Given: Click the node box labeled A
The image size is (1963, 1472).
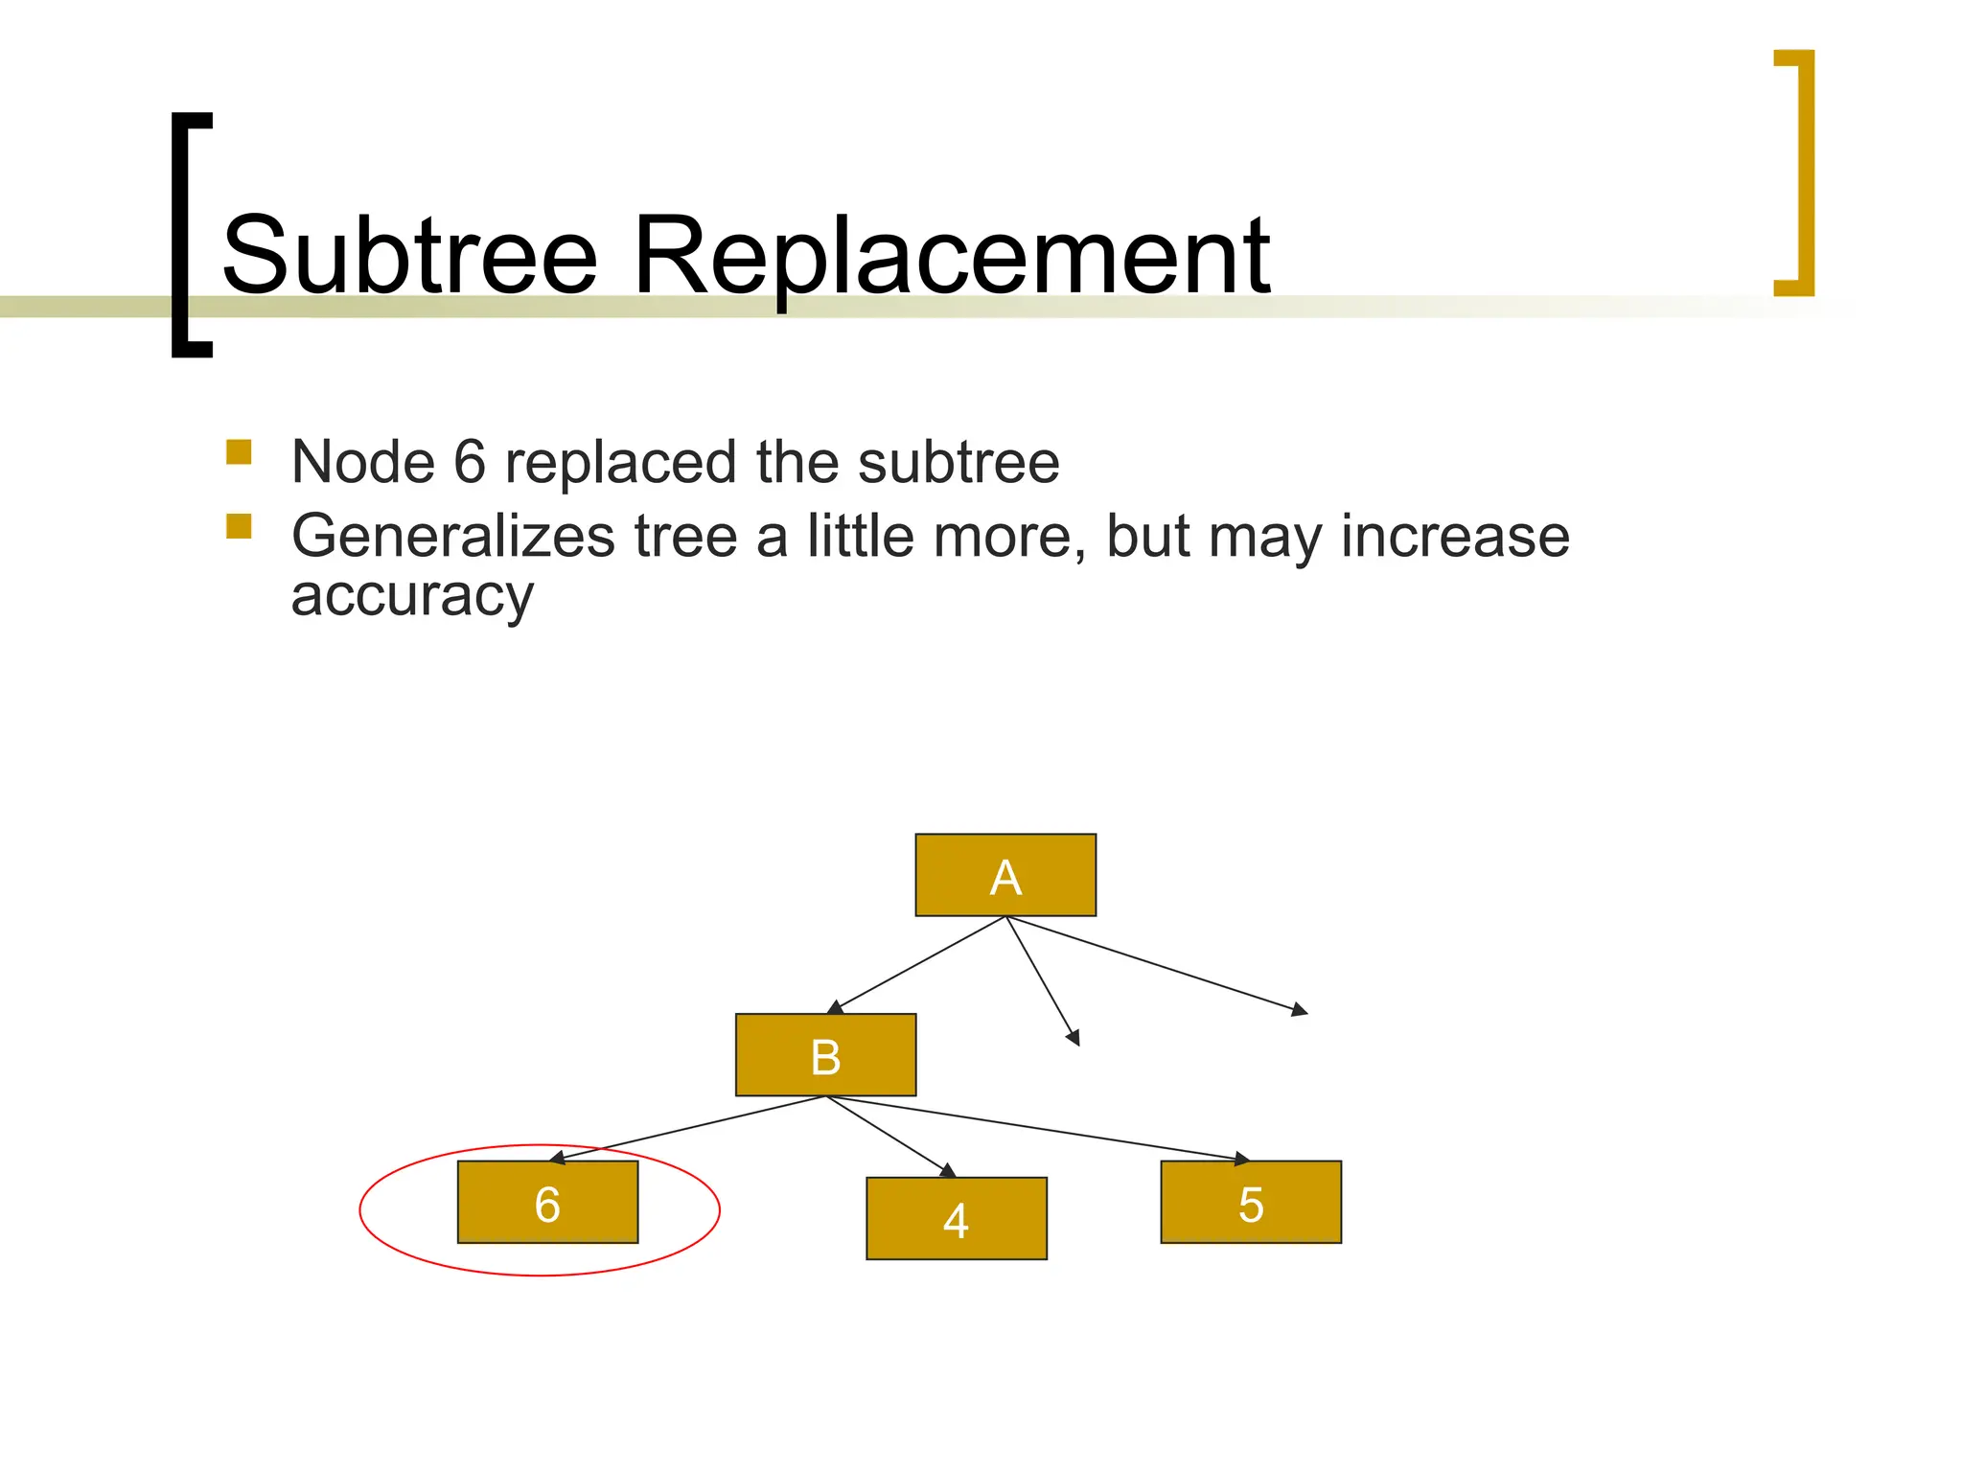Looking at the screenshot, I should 1005,875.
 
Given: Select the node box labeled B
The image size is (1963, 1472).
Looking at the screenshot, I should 825,1055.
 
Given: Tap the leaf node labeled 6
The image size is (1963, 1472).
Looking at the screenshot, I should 547,1203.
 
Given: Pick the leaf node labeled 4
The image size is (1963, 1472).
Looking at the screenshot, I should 956,1218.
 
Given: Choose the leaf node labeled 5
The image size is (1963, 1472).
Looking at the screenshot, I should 1250,1203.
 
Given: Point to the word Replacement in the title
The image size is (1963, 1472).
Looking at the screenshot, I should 951,257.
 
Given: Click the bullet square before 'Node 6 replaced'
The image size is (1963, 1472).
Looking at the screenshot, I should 239,451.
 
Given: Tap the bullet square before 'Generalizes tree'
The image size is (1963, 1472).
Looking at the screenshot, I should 239,526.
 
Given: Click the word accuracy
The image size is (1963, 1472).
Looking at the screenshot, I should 412,596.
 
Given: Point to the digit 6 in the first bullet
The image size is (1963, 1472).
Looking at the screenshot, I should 470,462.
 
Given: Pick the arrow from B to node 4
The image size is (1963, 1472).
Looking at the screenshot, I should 890,1137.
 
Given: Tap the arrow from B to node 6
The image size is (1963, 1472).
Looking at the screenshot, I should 688,1129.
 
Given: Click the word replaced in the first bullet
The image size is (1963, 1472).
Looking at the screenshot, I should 622,462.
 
